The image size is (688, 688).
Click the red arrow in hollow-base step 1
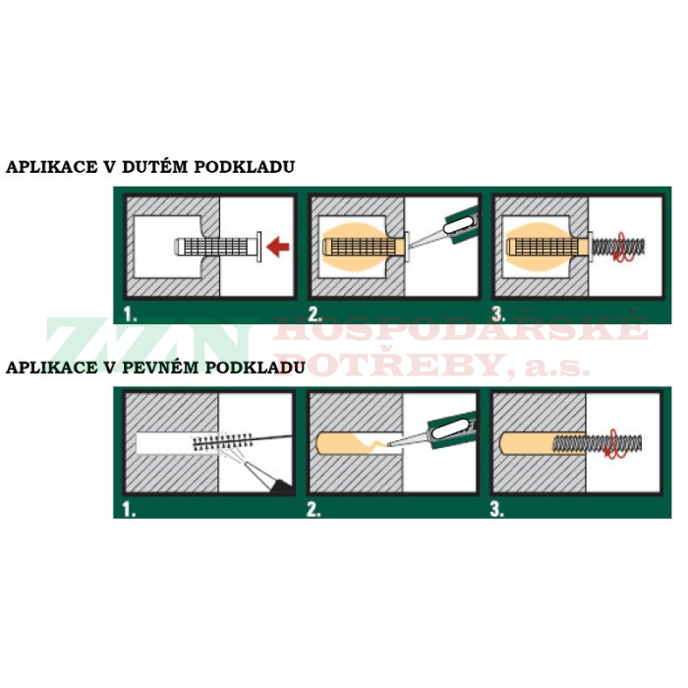[277, 249]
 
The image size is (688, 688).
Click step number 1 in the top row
[129, 315]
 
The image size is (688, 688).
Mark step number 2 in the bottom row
[314, 508]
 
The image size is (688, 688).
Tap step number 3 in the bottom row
[497, 508]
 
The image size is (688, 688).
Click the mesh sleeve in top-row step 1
[211, 247]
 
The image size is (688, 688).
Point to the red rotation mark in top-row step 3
[618, 254]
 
